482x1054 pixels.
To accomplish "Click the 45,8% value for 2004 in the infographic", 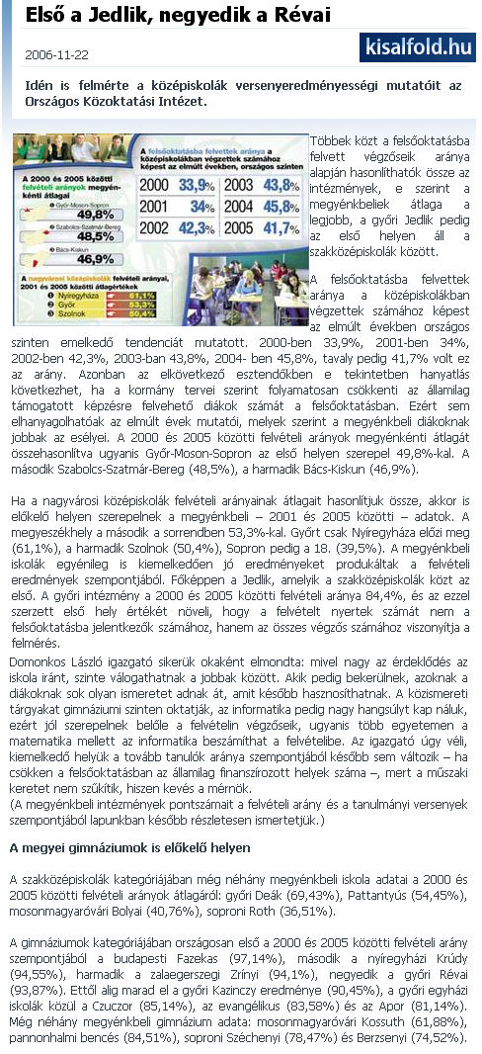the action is click(282, 207).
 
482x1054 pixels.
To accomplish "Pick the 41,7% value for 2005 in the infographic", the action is click(282, 228).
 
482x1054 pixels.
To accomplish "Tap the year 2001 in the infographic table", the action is click(155, 207).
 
